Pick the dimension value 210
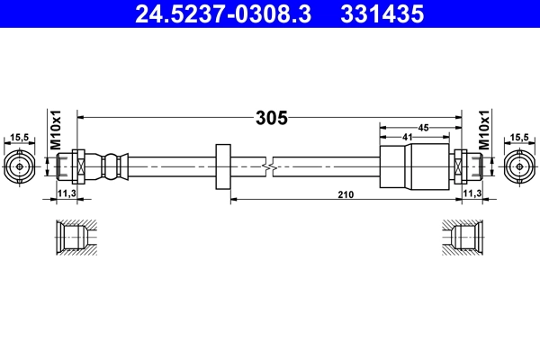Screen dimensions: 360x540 [x=346, y=194]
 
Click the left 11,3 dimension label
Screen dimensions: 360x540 [x=66, y=193]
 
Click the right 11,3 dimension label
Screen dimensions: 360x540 [x=471, y=193]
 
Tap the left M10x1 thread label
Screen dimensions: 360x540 [x=54, y=130]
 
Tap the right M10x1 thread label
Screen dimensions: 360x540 [x=483, y=130]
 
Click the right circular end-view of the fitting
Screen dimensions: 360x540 [x=518, y=166]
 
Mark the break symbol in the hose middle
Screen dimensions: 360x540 [x=269, y=166]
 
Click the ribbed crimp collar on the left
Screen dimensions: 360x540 [x=111, y=166]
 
